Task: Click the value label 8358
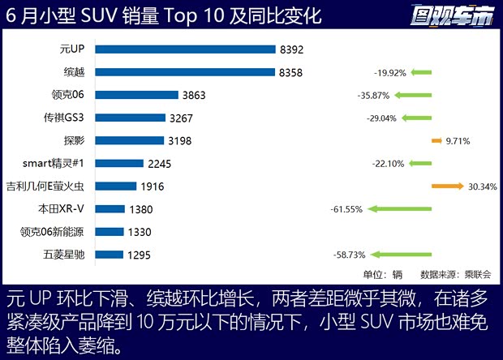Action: (x=290, y=72)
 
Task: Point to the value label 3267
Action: (x=182, y=118)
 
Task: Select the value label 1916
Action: (x=153, y=186)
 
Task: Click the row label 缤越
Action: (x=84, y=72)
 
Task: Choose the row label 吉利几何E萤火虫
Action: (x=51, y=186)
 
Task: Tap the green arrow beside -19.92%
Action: (x=420, y=72)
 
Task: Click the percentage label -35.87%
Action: (x=373, y=95)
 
